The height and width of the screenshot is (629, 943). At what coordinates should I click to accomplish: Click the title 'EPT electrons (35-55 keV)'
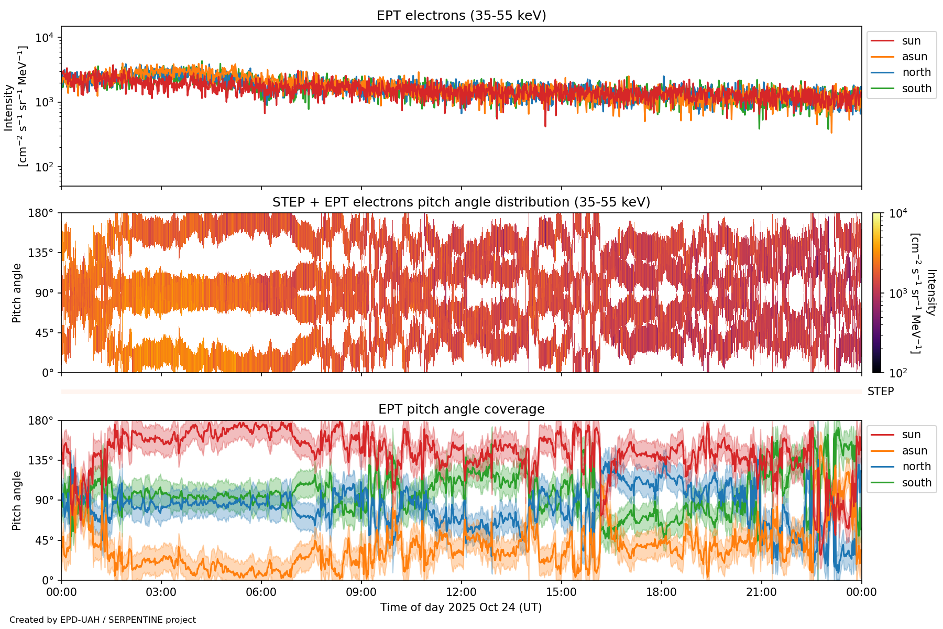coord(461,16)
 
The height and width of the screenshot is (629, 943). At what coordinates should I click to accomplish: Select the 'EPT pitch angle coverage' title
coord(461,409)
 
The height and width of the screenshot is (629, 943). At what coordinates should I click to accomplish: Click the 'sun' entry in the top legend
coord(911,41)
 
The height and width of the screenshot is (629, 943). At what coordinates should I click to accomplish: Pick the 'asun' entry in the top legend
coord(914,57)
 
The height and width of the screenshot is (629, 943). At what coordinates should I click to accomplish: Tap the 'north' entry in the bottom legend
coord(916,467)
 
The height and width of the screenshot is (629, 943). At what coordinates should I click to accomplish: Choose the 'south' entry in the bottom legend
coord(916,483)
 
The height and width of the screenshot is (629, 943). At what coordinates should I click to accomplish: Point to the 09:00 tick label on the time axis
coord(361,592)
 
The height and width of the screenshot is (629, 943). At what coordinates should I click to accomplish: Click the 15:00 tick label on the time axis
coord(561,592)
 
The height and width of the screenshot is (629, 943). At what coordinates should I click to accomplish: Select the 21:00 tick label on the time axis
coord(761,592)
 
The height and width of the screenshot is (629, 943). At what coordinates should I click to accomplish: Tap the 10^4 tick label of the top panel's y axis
coord(45,38)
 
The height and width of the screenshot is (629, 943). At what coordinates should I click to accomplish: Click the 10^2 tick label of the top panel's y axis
coord(45,167)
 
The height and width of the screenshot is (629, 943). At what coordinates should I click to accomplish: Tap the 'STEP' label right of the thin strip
coord(880,392)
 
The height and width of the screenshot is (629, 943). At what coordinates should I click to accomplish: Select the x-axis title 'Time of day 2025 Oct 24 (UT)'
coord(461,608)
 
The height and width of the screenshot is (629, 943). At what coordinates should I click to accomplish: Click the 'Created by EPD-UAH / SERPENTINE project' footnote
coord(103,620)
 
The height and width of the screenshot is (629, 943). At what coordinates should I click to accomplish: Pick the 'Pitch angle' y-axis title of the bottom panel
coord(17,501)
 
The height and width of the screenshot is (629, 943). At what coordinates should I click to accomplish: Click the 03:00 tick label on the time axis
coord(161,592)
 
